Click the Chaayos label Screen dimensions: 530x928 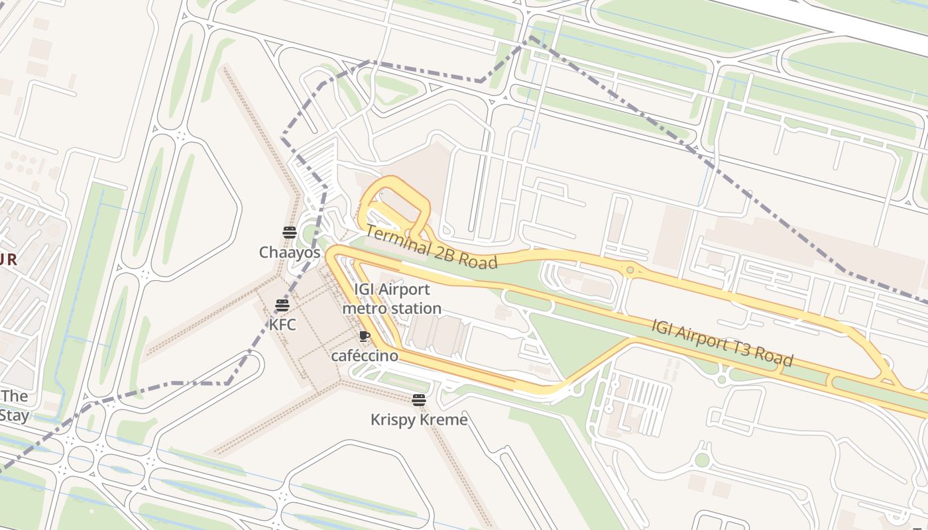click(289, 252)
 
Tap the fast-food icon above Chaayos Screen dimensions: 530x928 click(289, 232)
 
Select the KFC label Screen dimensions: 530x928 click(282, 325)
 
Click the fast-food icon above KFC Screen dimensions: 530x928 click(282, 305)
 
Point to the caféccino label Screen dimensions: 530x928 click(365, 356)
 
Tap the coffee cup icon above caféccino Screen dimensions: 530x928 click(363, 336)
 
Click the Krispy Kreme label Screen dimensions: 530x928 click(418, 419)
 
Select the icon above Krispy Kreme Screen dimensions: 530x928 click(418, 399)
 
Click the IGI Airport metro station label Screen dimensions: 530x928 click(392, 299)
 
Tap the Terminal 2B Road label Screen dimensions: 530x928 click(431, 247)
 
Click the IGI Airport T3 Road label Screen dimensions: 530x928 click(723, 343)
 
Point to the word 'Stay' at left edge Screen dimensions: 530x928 click(15, 415)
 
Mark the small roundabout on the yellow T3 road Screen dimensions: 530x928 click(630, 270)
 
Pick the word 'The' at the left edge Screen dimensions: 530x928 click(15, 396)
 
